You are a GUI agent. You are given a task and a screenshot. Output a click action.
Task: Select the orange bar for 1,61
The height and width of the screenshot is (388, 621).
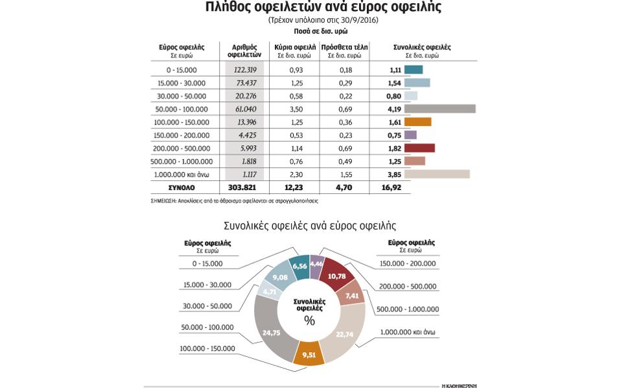(417, 122)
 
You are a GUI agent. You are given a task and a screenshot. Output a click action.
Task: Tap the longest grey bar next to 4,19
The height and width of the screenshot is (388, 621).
(439, 109)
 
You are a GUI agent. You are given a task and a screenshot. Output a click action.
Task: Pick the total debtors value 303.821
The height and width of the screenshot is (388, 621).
(244, 188)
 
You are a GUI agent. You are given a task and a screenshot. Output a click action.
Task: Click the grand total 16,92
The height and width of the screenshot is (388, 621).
(392, 188)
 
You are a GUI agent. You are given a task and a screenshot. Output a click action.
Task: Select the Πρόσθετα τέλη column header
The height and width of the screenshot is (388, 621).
(344, 47)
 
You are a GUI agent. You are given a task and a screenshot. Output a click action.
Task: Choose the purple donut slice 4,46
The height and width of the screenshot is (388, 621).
(316, 265)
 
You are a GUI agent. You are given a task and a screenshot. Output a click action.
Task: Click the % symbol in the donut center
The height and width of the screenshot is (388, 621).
(309, 321)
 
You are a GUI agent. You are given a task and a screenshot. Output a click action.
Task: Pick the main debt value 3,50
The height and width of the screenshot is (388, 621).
(296, 109)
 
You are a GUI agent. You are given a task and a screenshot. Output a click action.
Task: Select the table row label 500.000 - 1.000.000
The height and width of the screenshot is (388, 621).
(182, 162)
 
